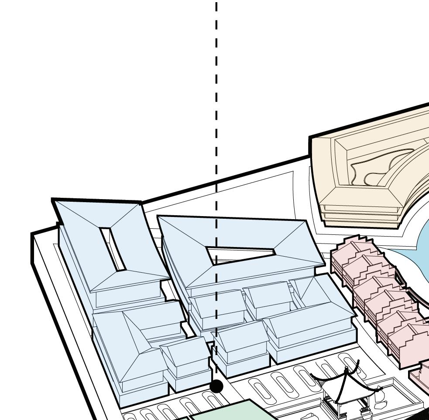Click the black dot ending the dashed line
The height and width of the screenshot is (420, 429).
click(x=216, y=386)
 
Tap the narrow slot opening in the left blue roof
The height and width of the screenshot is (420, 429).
click(x=113, y=249)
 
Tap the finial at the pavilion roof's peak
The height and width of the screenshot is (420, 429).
click(x=347, y=370)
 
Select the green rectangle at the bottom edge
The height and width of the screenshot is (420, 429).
click(x=231, y=412)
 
